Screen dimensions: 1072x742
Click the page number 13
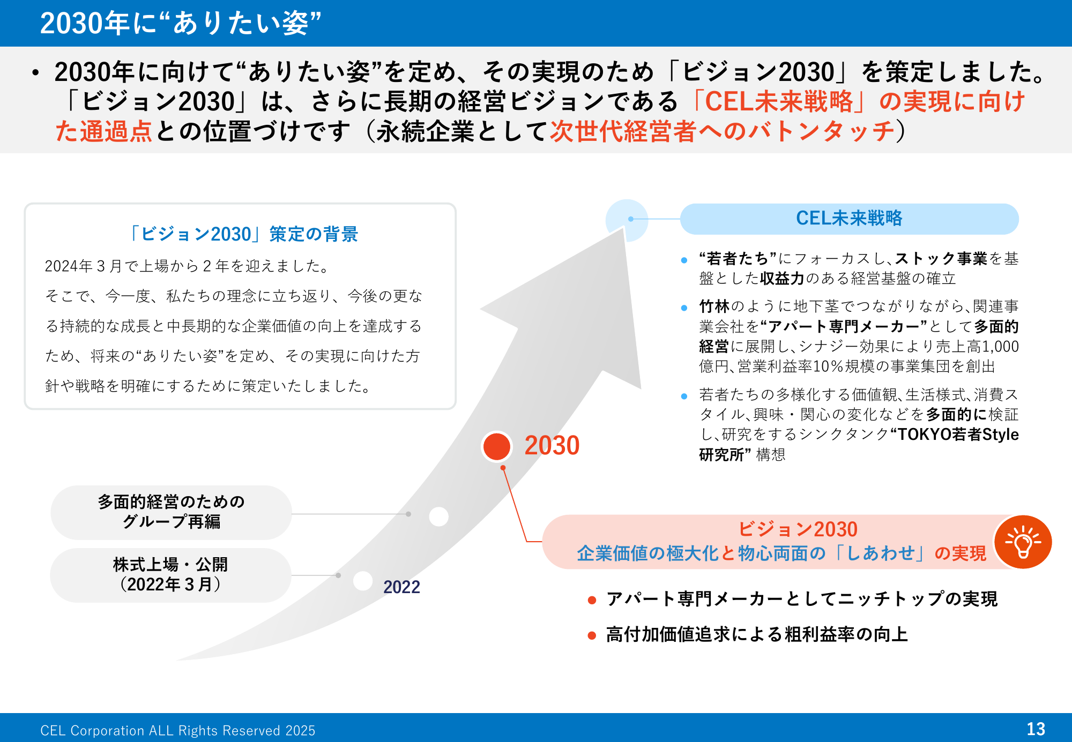pyautogui.click(x=1036, y=729)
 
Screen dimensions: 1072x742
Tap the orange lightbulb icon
pyautogui.click(x=1023, y=542)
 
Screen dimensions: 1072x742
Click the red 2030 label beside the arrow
pyautogui.click(x=552, y=446)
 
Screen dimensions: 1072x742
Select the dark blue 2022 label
pyautogui.click(x=401, y=587)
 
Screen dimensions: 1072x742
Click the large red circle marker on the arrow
pyautogui.click(x=496, y=446)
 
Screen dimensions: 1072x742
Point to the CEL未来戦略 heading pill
pyautogui.click(x=849, y=219)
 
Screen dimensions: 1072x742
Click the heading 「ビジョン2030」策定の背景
pyautogui.click(x=242, y=234)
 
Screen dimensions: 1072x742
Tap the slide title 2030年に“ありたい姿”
pyautogui.click(x=181, y=23)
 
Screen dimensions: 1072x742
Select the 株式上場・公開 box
pyautogui.click(x=170, y=575)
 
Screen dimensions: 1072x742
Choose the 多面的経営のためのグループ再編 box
pyautogui.click(x=171, y=512)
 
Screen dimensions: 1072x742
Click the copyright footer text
pyautogui.click(x=178, y=731)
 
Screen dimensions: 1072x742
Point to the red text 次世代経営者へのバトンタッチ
pyautogui.click(x=723, y=131)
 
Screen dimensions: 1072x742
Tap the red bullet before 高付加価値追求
pyautogui.click(x=592, y=635)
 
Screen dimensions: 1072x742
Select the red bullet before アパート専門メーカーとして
pyautogui.click(x=592, y=600)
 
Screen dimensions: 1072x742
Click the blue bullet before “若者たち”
pyautogui.click(x=684, y=260)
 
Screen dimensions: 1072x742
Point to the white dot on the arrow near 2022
pyautogui.click(x=363, y=581)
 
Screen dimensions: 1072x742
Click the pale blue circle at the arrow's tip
pyautogui.click(x=627, y=219)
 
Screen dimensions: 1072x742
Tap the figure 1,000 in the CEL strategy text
pyautogui.click(x=1000, y=347)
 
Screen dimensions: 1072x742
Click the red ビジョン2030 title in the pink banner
pyautogui.click(x=798, y=529)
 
